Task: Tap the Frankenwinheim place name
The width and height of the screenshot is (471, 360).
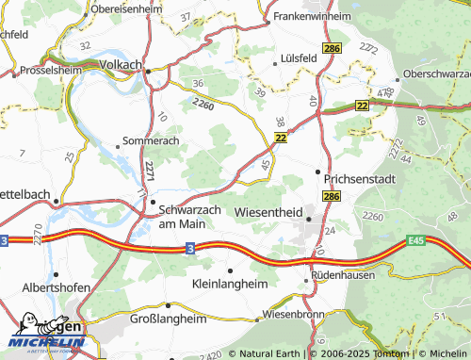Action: [311, 17]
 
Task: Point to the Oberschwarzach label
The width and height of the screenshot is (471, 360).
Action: [435, 73]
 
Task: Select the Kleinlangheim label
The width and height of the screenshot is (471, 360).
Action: [229, 283]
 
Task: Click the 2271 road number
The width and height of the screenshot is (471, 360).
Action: [150, 172]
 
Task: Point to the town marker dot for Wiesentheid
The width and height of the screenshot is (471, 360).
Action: [308, 220]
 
